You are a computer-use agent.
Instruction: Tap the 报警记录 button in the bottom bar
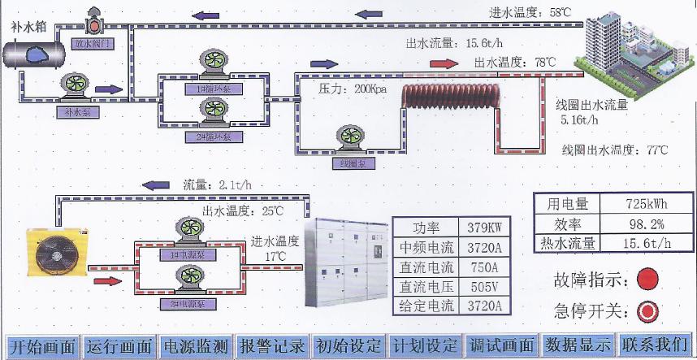pos(272,346)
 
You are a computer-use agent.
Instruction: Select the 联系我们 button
pos(656,346)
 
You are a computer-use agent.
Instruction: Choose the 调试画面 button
pos(502,346)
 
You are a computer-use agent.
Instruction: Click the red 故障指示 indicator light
pos(647,280)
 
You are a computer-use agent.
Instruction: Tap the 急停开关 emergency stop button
pos(647,310)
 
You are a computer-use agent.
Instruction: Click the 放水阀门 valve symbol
pos(93,24)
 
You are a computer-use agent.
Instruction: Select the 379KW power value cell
pos(487,228)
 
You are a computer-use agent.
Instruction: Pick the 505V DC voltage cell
pos(487,286)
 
